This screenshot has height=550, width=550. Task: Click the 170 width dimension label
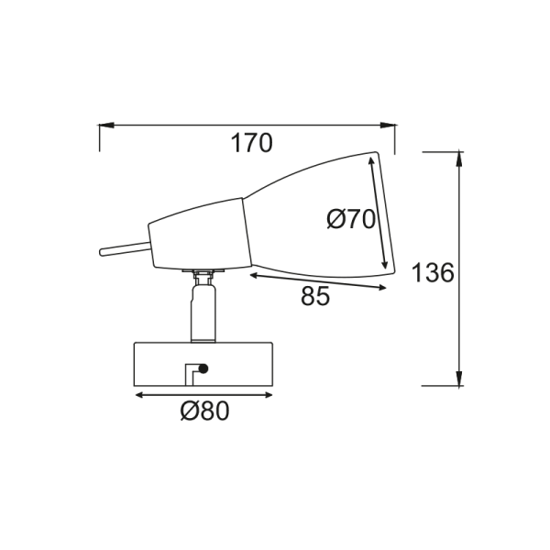pos(251,143)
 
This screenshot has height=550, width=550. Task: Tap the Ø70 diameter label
pos(351,220)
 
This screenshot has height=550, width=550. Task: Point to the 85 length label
pos(314,297)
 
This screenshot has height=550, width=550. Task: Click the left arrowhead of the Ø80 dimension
pos(140,395)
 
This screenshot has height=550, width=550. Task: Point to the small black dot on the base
pos(203,368)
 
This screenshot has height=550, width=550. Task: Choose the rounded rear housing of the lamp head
pos(197,236)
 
